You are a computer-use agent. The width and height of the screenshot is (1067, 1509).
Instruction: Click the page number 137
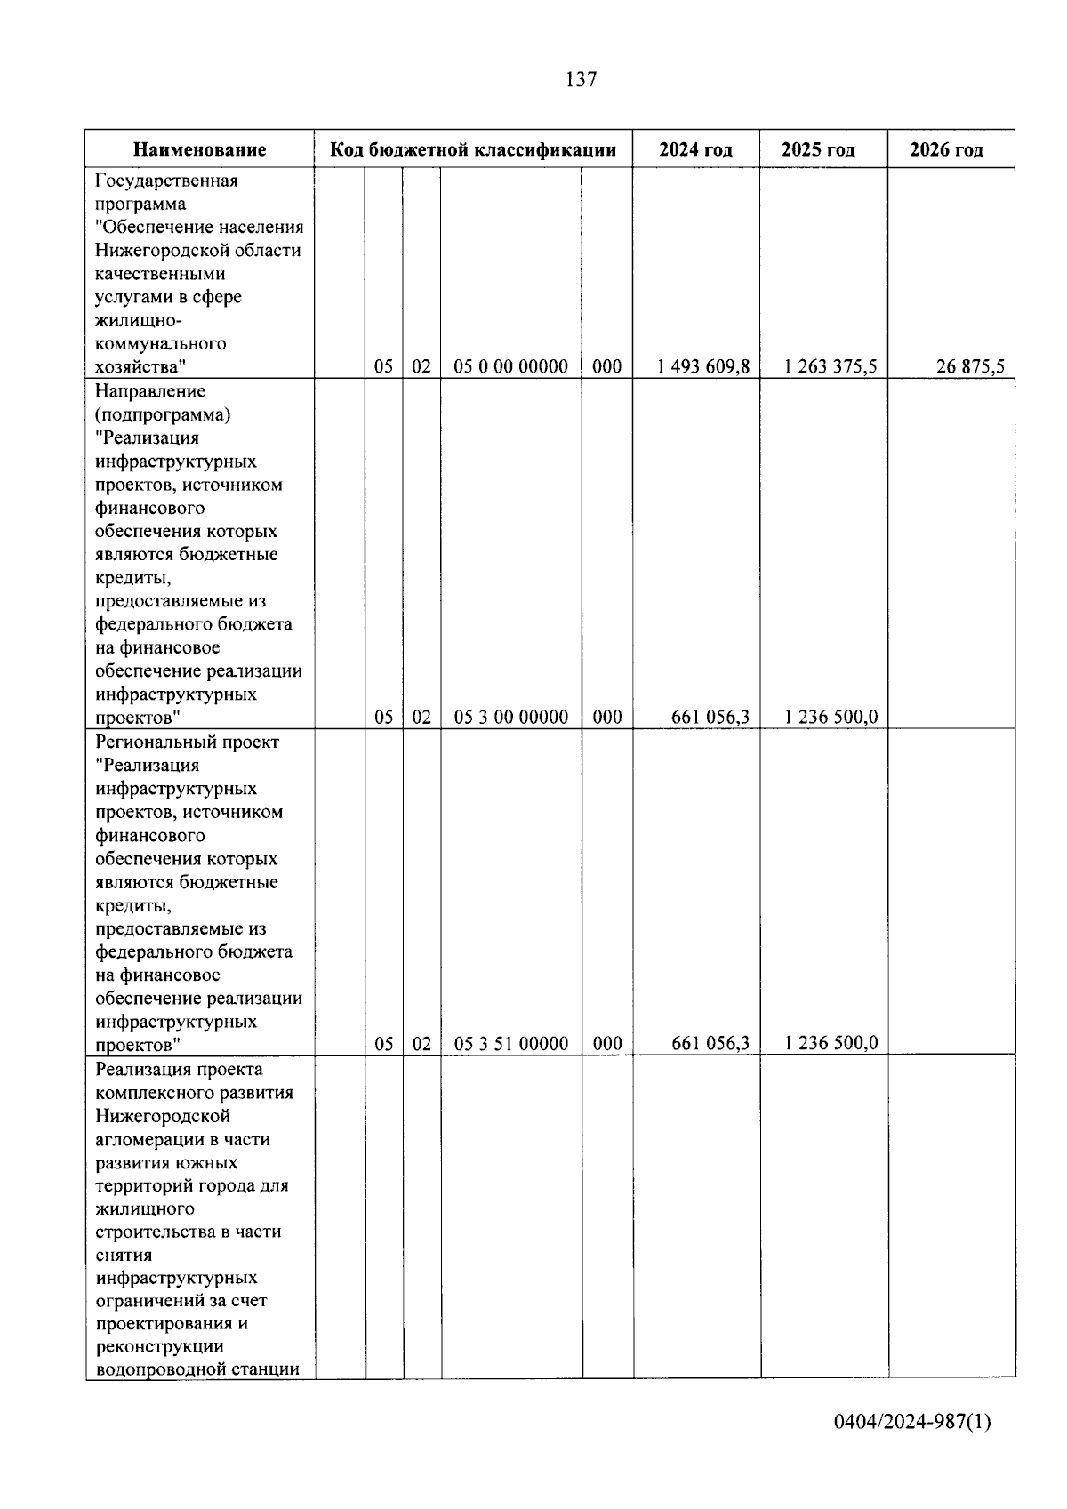(x=581, y=80)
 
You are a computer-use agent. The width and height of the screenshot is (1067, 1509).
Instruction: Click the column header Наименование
(x=199, y=149)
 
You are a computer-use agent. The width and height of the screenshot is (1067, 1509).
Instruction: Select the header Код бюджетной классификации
(x=473, y=149)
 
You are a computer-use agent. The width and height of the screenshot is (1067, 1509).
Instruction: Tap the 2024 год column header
(x=695, y=149)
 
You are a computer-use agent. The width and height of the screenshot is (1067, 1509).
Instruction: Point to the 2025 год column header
(x=818, y=149)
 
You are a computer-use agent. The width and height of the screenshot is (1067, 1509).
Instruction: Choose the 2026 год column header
(x=946, y=149)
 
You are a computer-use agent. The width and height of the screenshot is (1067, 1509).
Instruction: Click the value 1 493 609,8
(x=703, y=366)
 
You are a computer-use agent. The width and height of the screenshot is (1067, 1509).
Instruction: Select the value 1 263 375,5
(x=830, y=366)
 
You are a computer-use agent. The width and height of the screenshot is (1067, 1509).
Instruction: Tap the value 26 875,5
(x=969, y=366)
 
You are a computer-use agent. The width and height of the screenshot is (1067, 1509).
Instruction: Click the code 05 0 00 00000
(x=510, y=366)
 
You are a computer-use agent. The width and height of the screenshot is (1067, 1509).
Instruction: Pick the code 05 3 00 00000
(x=510, y=717)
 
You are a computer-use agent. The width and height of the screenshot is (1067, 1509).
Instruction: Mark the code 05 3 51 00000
(x=510, y=1044)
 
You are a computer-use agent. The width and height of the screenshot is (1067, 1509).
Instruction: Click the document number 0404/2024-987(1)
(x=911, y=1421)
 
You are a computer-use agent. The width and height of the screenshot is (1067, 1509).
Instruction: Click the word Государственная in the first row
(x=166, y=181)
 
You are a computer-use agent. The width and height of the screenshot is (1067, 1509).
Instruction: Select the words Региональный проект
(x=187, y=742)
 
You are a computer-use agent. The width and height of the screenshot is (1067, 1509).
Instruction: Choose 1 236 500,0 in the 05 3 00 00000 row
(x=830, y=717)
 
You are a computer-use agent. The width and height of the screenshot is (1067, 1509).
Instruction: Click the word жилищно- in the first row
(x=138, y=320)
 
